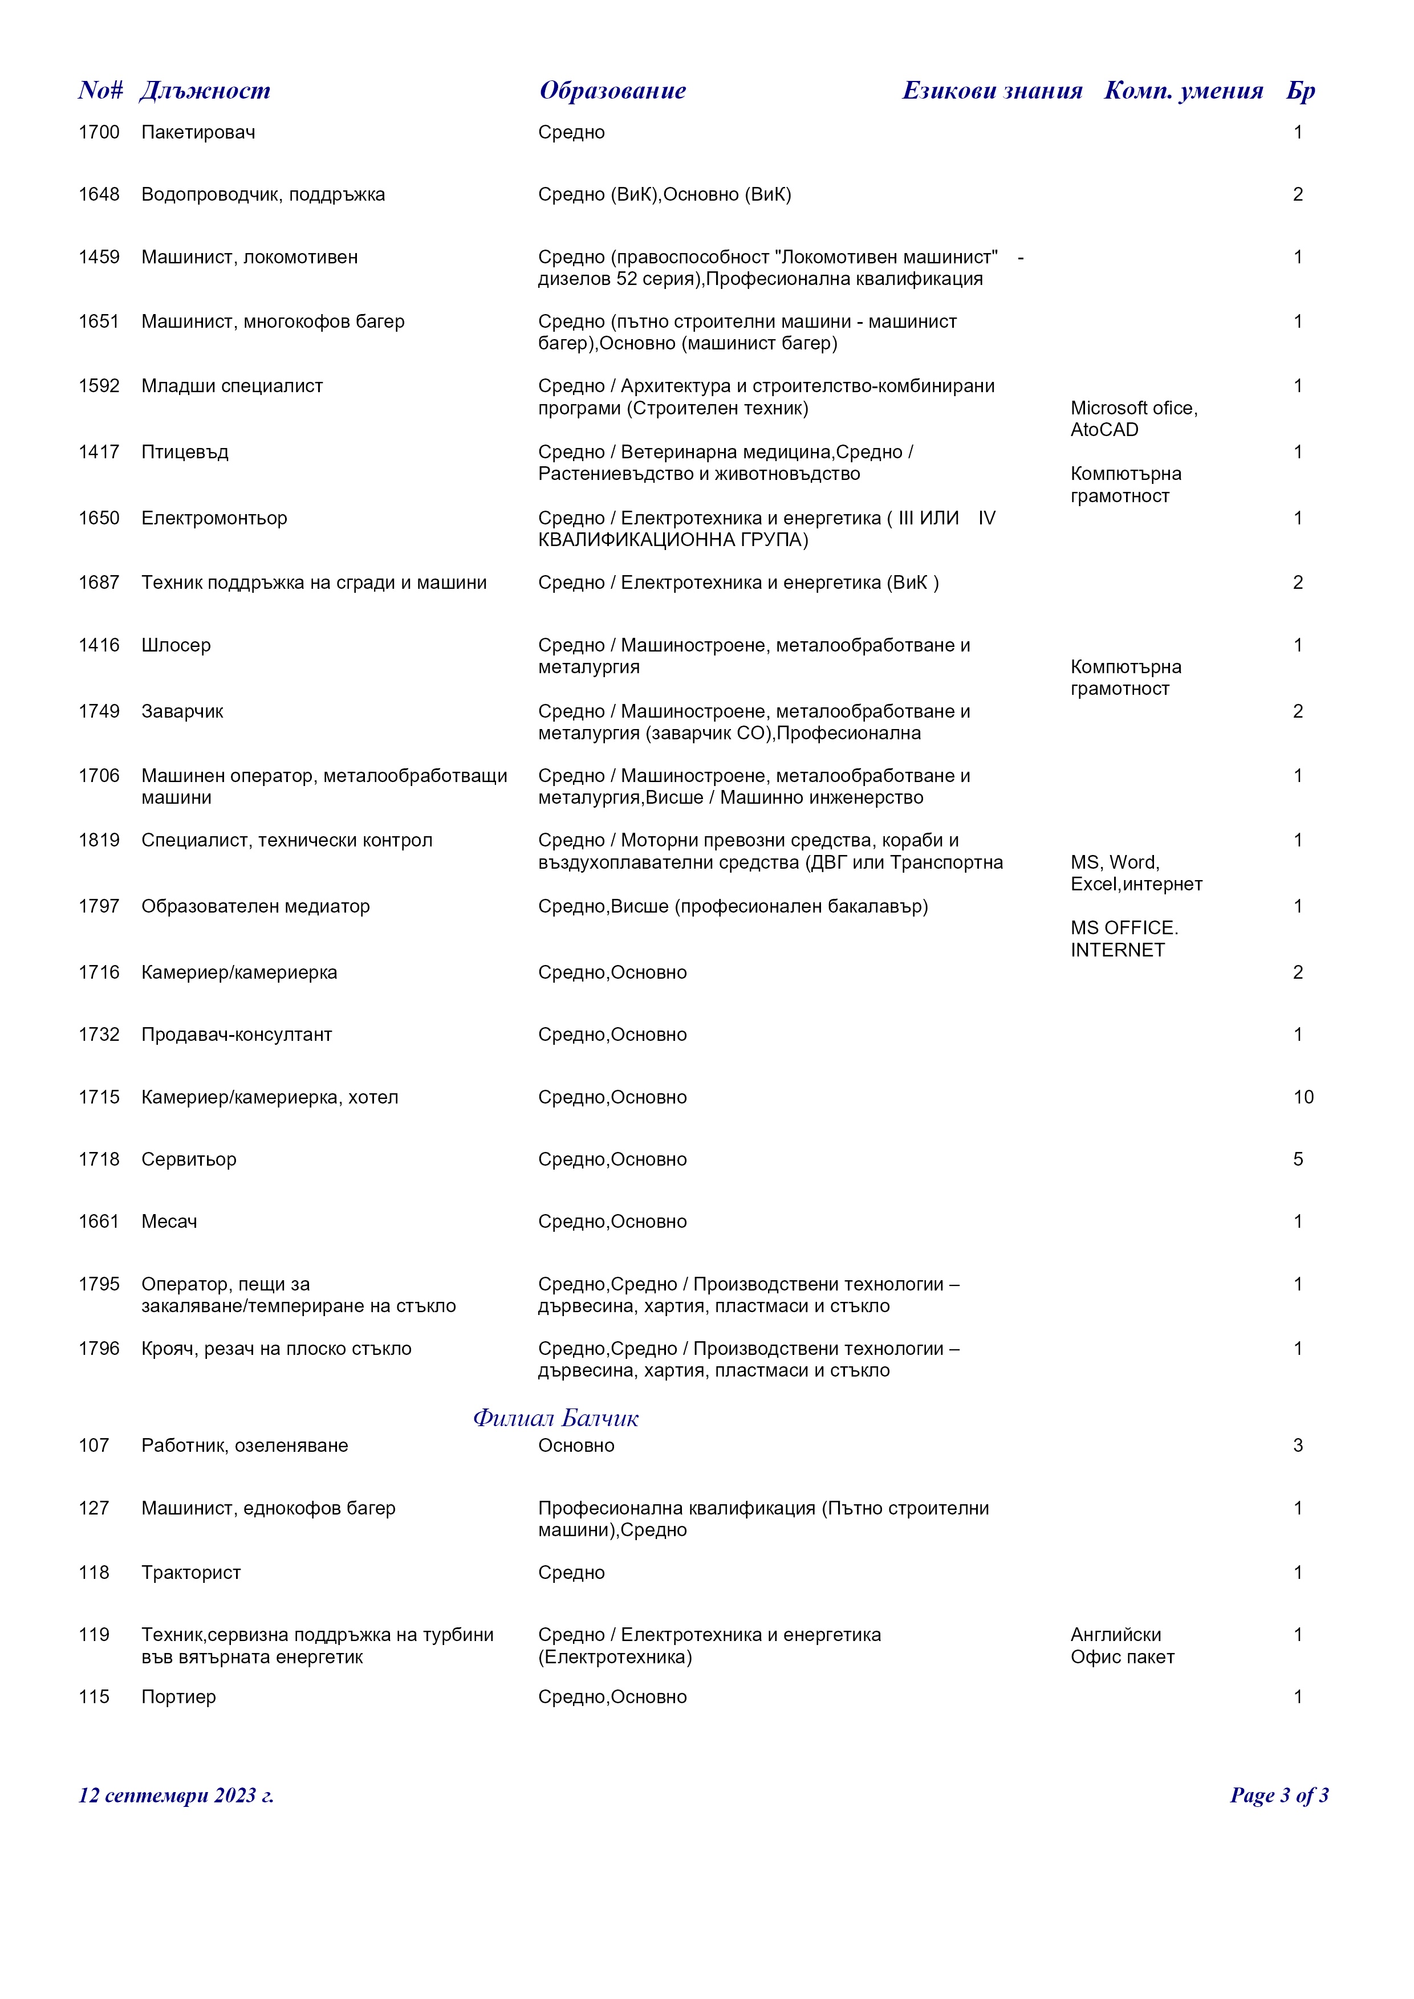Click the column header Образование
612,91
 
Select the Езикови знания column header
992,91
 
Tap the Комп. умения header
1183,91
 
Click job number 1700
99,132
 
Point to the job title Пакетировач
198,132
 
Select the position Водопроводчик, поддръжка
263,194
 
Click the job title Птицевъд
185,452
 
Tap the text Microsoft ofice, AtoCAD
1133,419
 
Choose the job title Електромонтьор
214,518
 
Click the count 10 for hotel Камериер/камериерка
1303,1097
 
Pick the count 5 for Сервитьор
1297,1159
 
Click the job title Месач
169,1222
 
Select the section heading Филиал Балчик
555,1418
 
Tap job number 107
94,1446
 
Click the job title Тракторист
190,1573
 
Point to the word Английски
1115,1635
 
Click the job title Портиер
178,1697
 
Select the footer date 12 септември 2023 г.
176,1796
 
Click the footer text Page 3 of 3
1278,1796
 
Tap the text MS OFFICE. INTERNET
1124,939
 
